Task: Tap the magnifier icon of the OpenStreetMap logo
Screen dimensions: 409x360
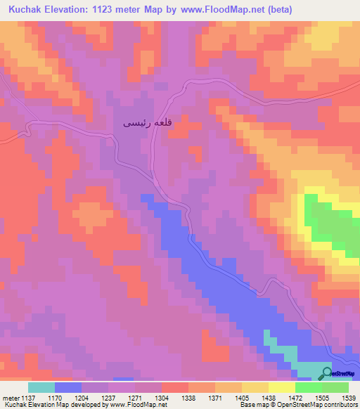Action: [x=327, y=373]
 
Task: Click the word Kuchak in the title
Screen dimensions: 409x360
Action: [x=20, y=10]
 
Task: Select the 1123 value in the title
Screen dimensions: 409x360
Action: [x=103, y=10]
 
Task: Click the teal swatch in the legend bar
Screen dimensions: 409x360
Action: [x=41, y=387]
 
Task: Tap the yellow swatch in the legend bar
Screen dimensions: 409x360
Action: [x=281, y=387]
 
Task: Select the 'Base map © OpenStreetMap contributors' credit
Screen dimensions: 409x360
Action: [x=297, y=405]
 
